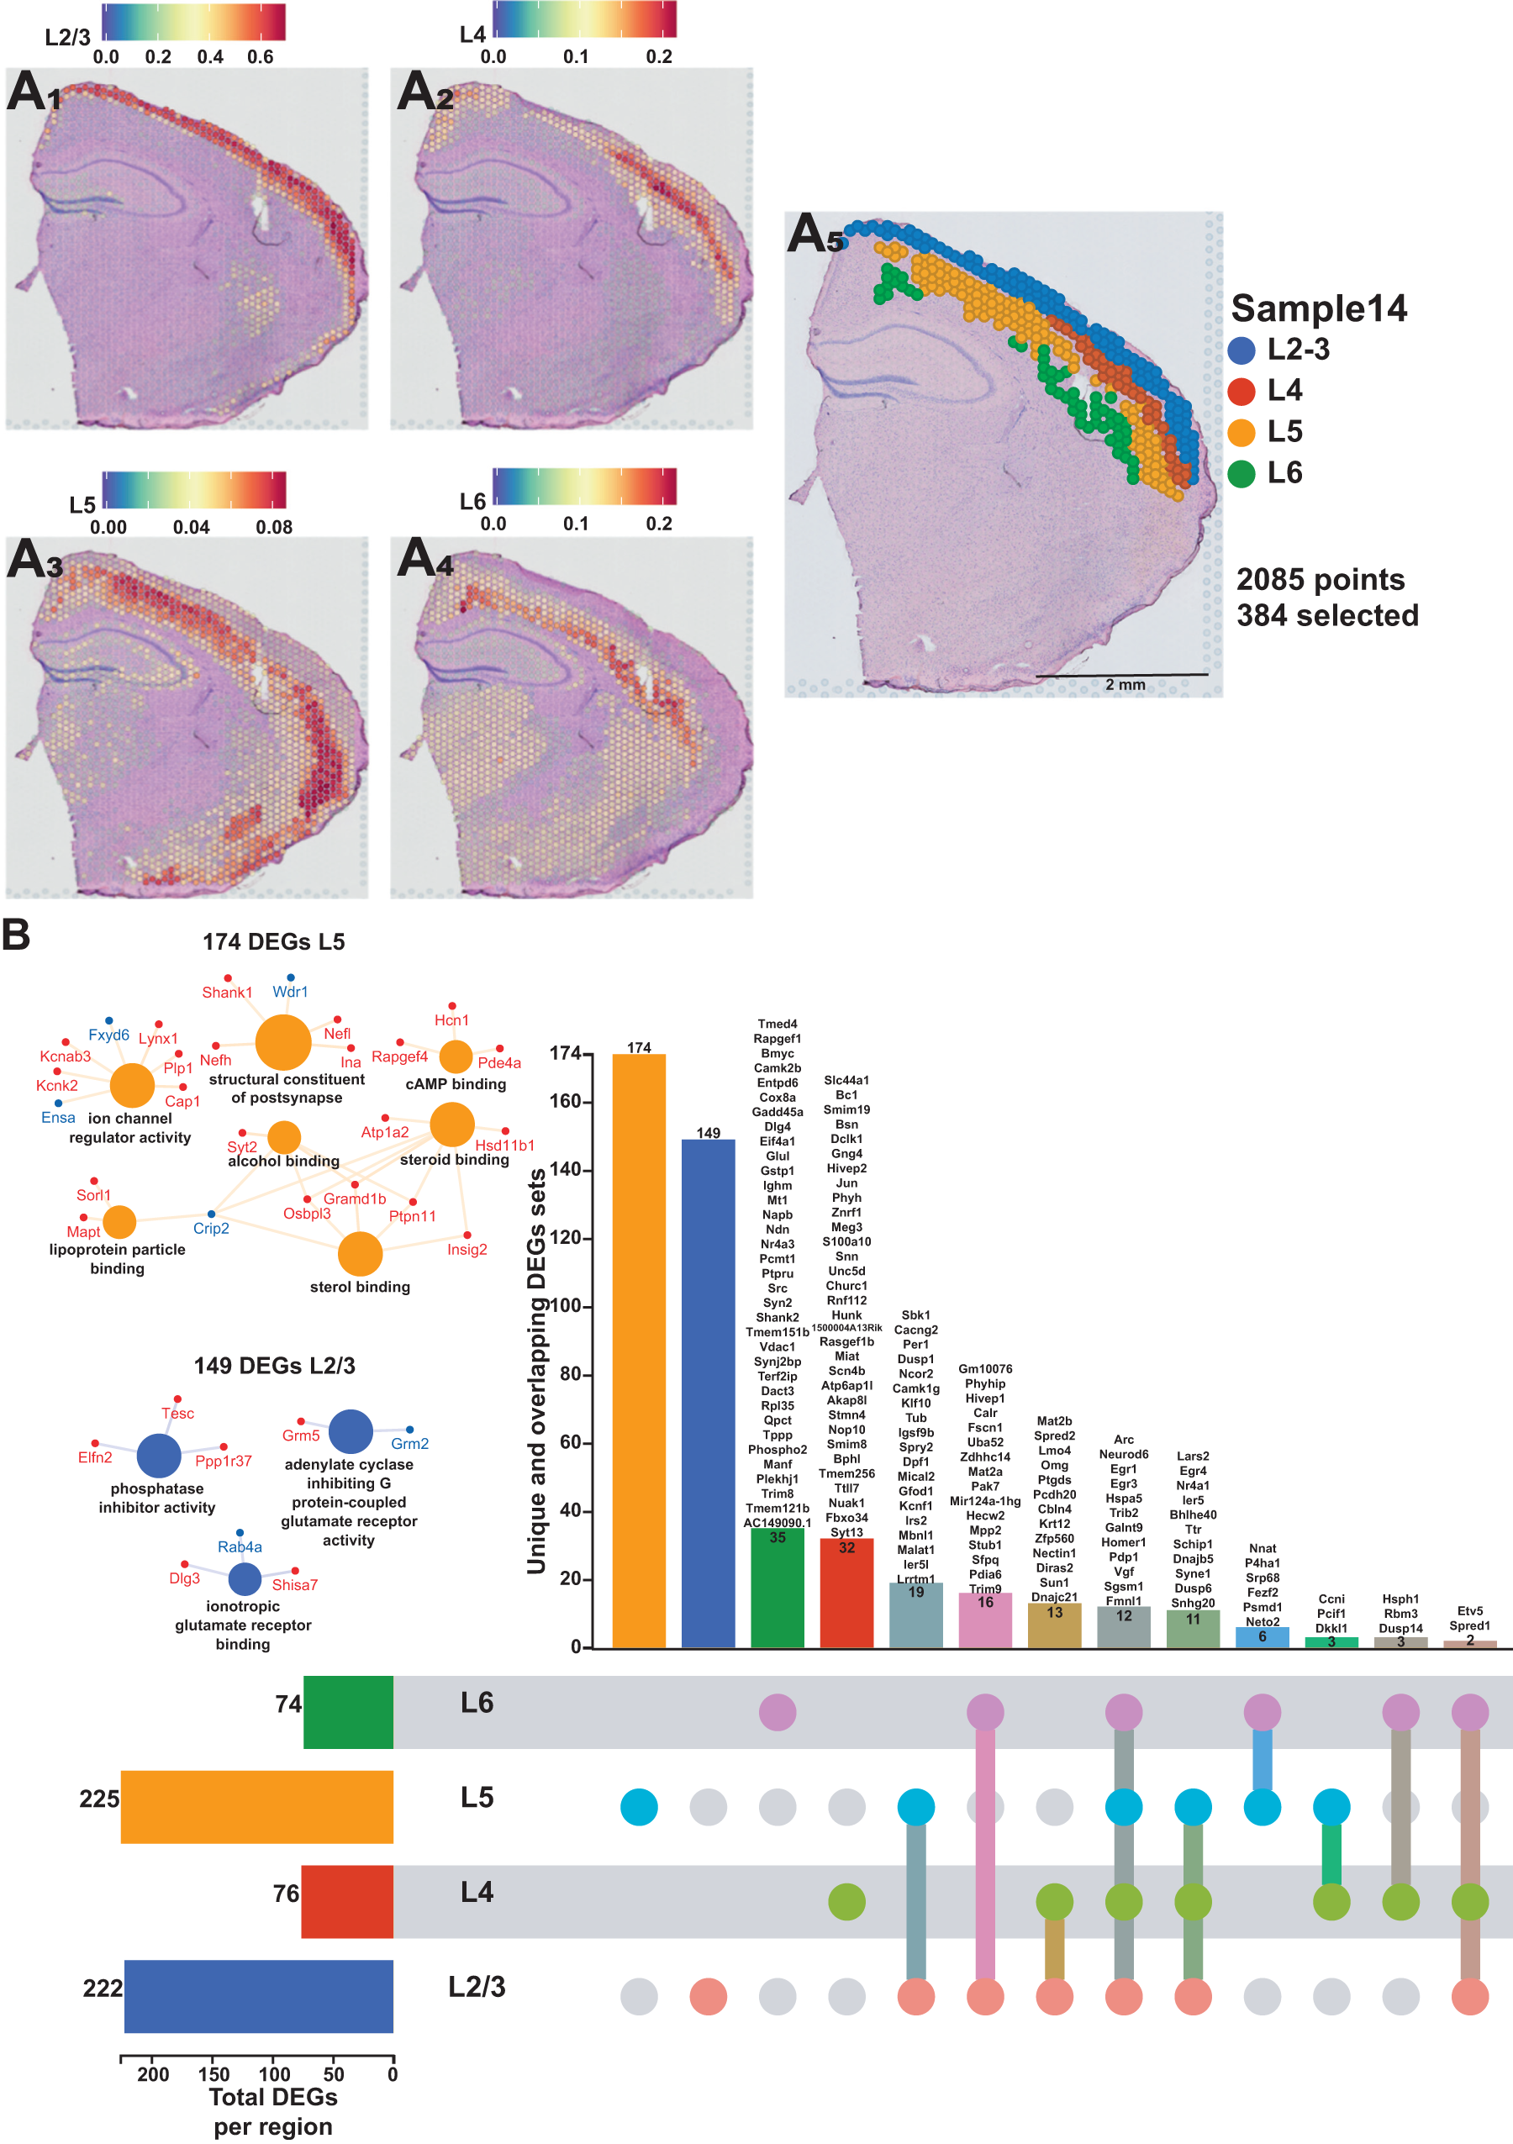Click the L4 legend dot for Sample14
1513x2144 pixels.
pyautogui.click(x=1242, y=392)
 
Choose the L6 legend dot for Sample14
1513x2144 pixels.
pyautogui.click(x=1242, y=473)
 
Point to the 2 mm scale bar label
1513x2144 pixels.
pyautogui.click(x=1125, y=684)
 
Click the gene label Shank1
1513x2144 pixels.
pyautogui.click(x=227, y=993)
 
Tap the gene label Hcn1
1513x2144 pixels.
pyautogui.click(x=451, y=1020)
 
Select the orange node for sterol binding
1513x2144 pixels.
pyautogui.click(x=360, y=1254)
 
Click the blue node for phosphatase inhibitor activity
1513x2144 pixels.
pyautogui.click(x=159, y=1455)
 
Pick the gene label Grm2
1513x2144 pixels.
pyautogui.click(x=409, y=1444)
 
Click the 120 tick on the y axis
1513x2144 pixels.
pyautogui.click(x=565, y=1238)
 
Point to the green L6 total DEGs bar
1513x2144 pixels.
pyautogui.click(x=348, y=1712)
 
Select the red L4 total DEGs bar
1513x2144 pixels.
pyautogui.click(x=346, y=1901)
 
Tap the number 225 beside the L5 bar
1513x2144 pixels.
pyautogui.click(x=99, y=1799)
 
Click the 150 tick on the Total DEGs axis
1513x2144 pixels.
pyautogui.click(x=214, y=2074)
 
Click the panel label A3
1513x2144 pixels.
pyautogui.click(x=34, y=561)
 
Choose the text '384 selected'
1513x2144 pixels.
pyautogui.click(x=1327, y=615)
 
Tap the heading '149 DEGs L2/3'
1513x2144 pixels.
pyautogui.click(x=274, y=1365)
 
